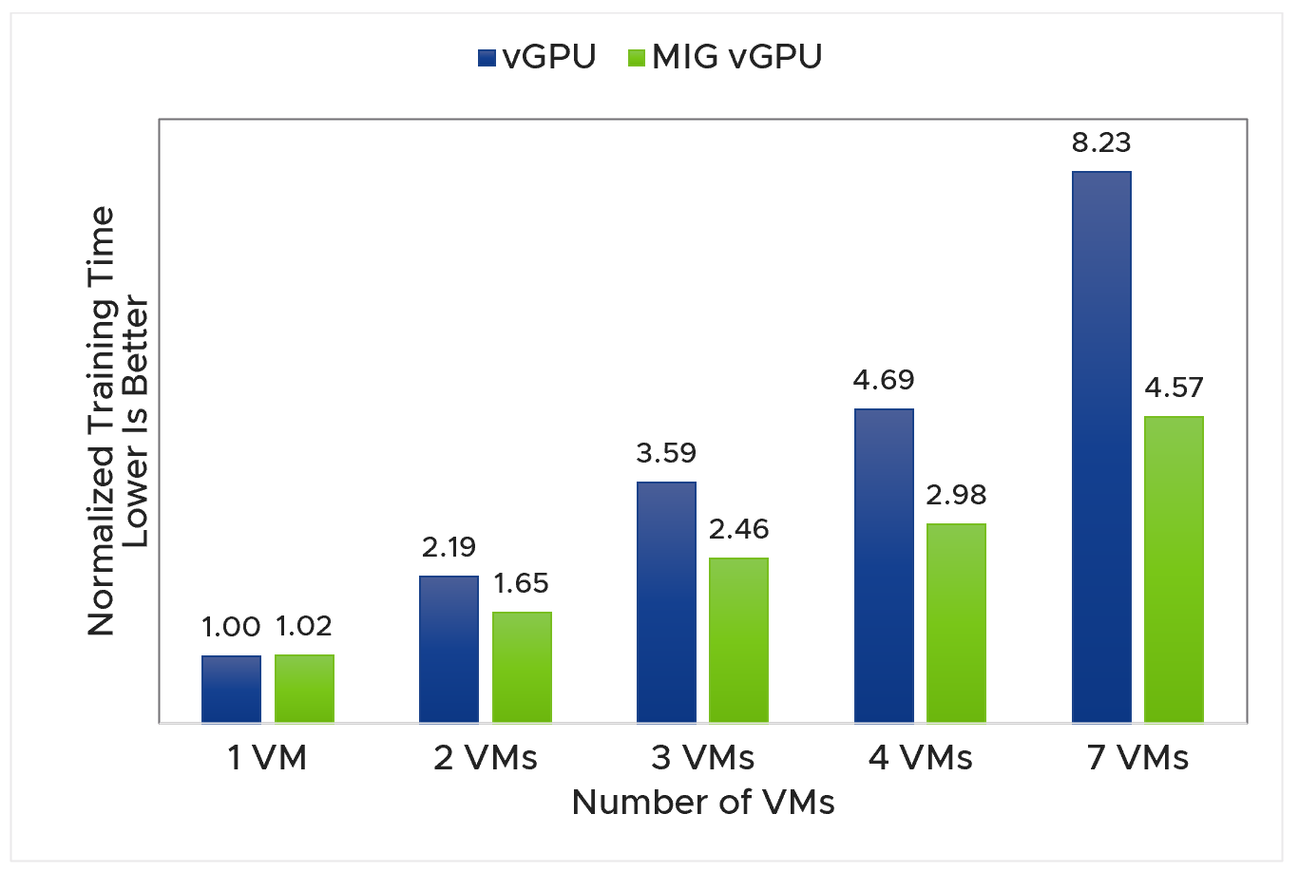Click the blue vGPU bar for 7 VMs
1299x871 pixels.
(1101, 446)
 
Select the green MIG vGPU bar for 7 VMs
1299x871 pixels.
(1174, 569)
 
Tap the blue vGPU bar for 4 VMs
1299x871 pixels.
(884, 565)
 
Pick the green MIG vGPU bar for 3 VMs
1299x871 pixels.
(738, 640)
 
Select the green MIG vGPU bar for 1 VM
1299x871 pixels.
(304, 689)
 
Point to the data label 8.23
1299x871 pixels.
(1101, 142)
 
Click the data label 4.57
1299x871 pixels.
(1174, 388)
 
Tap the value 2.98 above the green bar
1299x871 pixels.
(956, 495)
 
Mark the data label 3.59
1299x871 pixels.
(666, 453)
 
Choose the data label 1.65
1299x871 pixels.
(521, 583)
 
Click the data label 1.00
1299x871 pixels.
(231, 627)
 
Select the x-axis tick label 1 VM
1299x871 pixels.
(267, 758)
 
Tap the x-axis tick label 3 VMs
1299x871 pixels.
(702, 758)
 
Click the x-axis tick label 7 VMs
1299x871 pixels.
(1137, 758)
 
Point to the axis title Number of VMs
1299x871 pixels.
(702, 803)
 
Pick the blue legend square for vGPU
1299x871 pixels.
(487, 58)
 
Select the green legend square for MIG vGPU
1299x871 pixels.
(637, 58)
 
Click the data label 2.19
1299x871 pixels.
(449, 547)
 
